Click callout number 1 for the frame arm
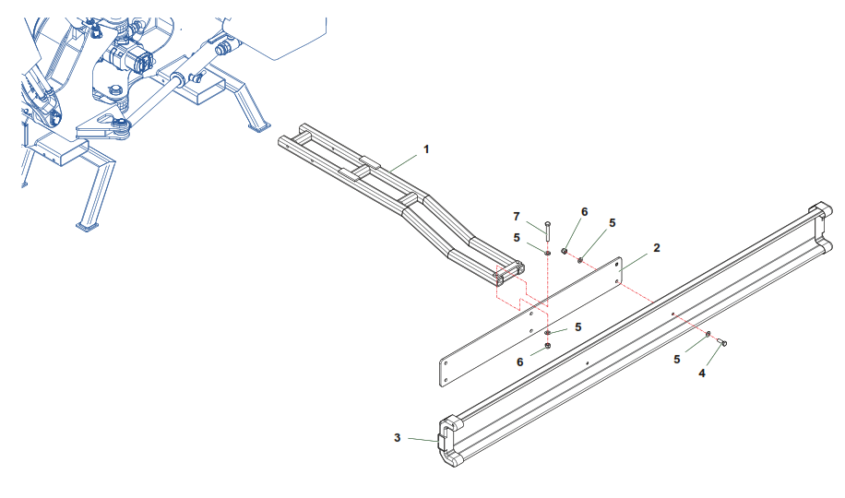click(426, 149)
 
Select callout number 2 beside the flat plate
click(657, 248)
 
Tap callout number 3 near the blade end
click(398, 438)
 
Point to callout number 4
click(702, 373)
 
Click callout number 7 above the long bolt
click(517, 217)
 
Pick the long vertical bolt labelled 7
click(548, 231)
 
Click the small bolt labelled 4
click(722, 342)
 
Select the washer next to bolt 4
click(708, 334)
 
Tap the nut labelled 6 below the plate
click(548, 346)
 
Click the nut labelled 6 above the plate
click(565, 251)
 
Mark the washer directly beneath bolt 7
click(548, 252)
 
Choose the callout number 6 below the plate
click(519, 362)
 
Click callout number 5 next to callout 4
click(677, 360)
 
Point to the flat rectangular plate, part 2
click(530, 322)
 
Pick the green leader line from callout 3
click(422, 440)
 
